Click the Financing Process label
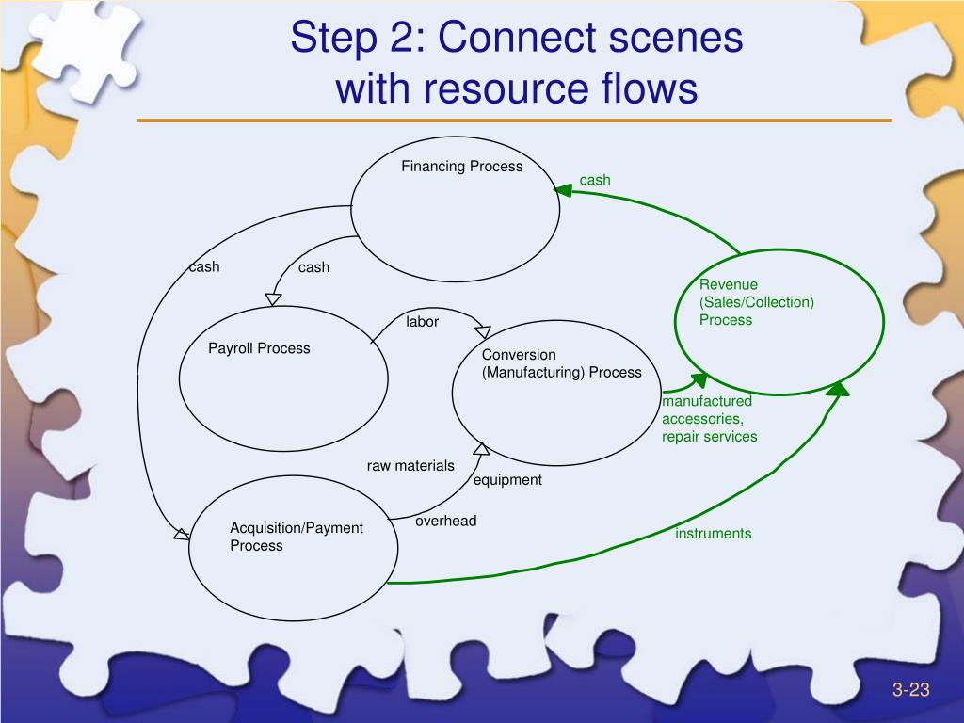pos(461,166)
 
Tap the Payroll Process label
pos(259,348)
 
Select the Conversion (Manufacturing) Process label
pos(561,363)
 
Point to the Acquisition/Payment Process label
pos(297,537)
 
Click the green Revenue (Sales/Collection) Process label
pos(756,302)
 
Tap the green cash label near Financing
pos(595,180)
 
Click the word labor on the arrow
pos(422,322)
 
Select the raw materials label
pos(410,466)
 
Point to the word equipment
pos(507,480)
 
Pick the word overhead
pos(445,522)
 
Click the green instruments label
pos(714,534)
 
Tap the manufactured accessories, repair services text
pos(710,419)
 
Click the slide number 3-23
pos(910,690)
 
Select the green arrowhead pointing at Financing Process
pos(563,190)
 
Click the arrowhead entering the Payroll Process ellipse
pos(274,299)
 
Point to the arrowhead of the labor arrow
pos(483,332)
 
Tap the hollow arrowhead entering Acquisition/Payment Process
pos(182,535)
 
